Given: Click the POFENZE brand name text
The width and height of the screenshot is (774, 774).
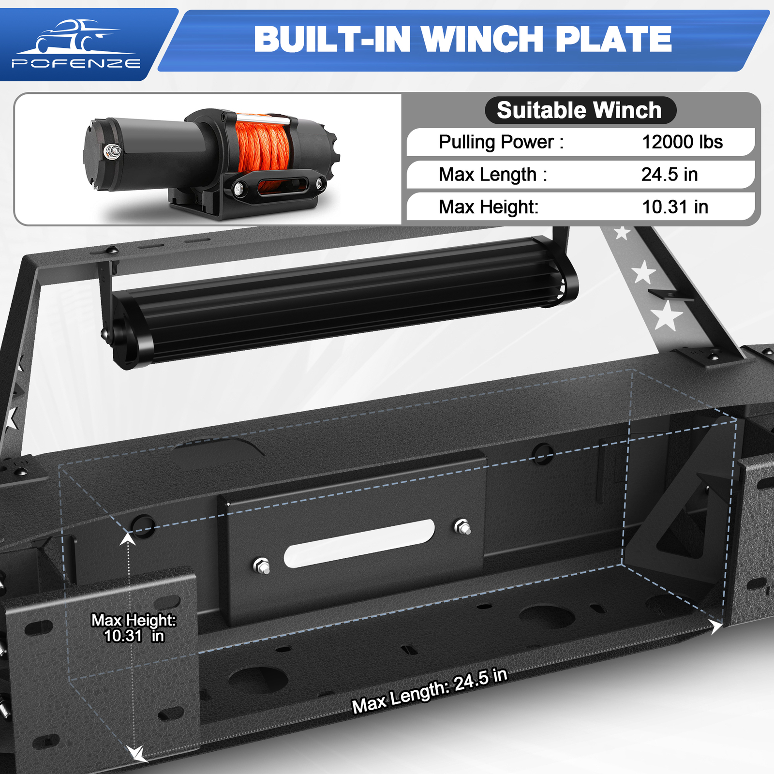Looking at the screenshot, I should click(x=76, y=63).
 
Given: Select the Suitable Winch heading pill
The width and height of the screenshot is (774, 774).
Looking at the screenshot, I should click(x=580, y=110).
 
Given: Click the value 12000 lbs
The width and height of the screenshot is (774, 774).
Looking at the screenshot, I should click(x=682, y=142).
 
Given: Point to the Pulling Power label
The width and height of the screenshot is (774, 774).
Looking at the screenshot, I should click(x=501, y=142).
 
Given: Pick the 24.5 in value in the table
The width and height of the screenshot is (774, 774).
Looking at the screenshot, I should click(x=670, y=175).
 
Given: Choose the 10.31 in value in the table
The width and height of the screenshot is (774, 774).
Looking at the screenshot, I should click(x=675, y=207).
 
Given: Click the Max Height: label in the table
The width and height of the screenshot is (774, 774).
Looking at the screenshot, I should click(x=488, y=207).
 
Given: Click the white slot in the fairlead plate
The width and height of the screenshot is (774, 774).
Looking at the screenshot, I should click(x=359, y=543).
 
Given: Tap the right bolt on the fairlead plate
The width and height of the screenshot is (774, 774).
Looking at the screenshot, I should click(x=462, y=527).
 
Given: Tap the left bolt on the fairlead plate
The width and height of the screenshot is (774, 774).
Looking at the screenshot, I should click(x=262, y=566).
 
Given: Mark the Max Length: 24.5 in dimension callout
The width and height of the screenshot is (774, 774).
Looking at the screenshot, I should click(x=430, y=691).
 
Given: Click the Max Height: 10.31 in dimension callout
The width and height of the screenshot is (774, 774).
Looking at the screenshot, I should click(x=134, y=628).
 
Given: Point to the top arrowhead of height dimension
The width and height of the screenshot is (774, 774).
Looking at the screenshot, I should click(x=128, y=537).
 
